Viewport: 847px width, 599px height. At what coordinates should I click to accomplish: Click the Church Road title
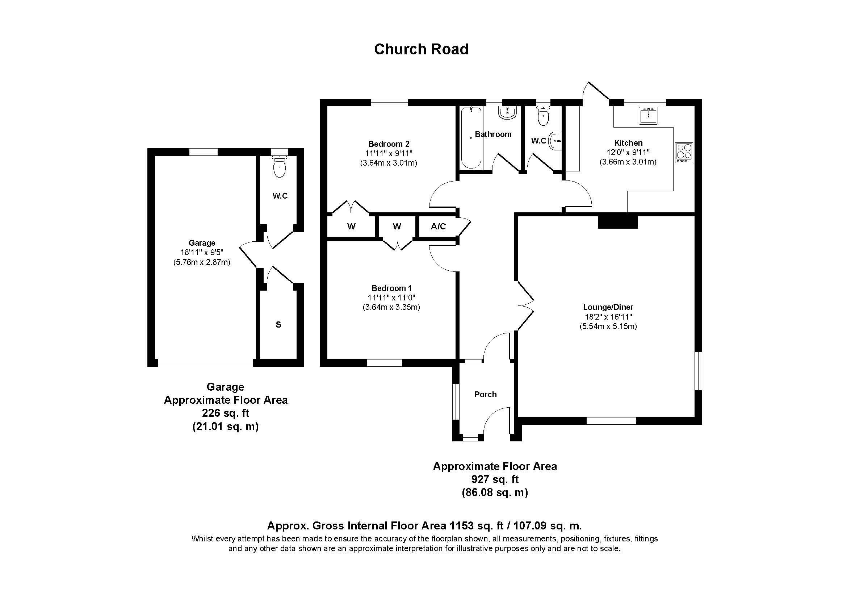tap(421, 49)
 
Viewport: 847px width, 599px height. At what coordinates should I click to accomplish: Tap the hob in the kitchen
tap(684, 153)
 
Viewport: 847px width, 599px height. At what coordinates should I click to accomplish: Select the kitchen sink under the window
tap(648, 116)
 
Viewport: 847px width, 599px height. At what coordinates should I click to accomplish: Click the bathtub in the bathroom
tap(471, 138)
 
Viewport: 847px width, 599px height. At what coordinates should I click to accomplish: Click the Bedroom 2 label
tap(389, 144)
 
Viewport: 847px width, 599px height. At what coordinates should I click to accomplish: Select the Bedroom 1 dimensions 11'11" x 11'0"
tap(391, 298)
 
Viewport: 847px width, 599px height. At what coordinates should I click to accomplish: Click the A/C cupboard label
tap(438, 226)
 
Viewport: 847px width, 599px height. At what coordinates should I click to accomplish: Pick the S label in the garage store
tap(278, 325)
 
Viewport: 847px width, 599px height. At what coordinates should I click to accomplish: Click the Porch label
tap(486, 395)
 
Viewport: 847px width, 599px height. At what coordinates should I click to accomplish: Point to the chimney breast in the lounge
tap(617, 222)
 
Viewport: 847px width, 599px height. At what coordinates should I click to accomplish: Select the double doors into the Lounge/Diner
tap(525, 305)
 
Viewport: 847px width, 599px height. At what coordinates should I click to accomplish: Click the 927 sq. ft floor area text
tap(495, 479)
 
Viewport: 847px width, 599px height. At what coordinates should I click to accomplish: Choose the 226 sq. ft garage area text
tap(225, 413)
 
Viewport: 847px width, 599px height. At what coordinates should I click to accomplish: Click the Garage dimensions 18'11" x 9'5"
tap(202, 253)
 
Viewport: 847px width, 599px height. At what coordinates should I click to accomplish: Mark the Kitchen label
tap(628, 143)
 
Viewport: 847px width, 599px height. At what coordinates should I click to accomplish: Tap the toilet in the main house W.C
tap(543, 116)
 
